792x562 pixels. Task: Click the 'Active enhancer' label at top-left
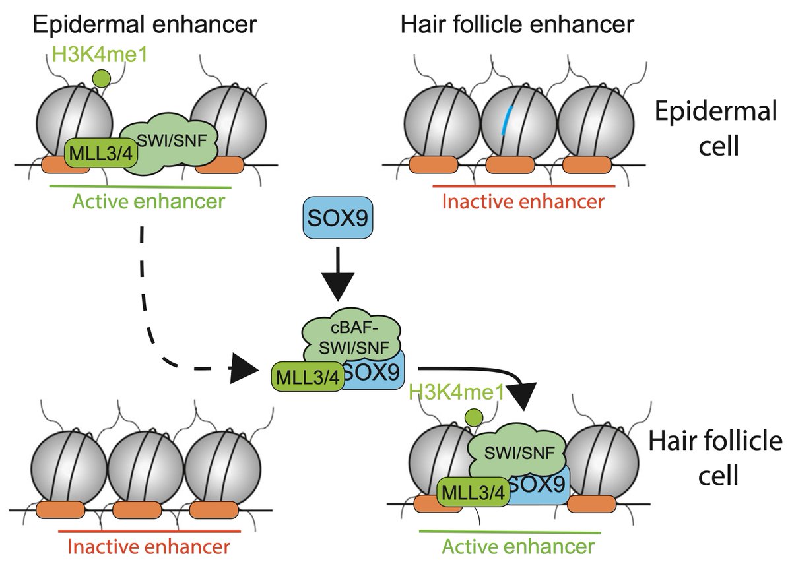(139, 201)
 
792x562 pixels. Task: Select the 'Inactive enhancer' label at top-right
(523, 201)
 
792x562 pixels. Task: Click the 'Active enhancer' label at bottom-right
(517, 546)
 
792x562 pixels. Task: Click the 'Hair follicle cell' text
(715, 457)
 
